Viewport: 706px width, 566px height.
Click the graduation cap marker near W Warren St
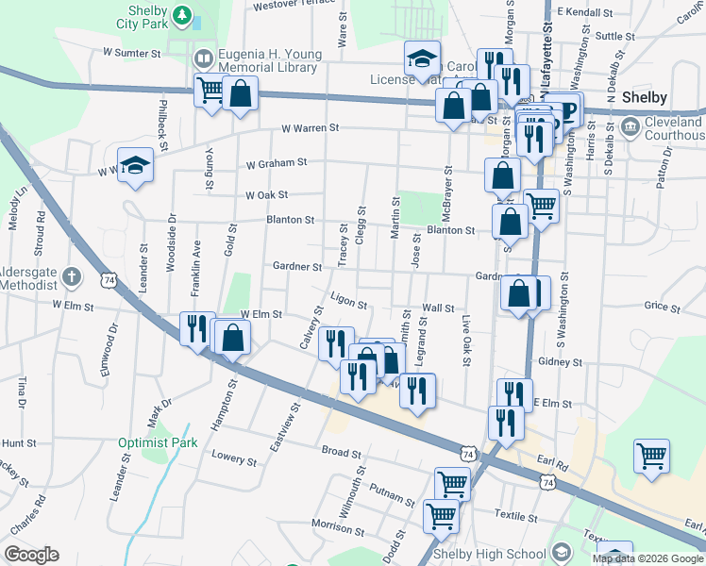pos(135,164)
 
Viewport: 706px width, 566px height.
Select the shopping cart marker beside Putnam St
pos(452,483)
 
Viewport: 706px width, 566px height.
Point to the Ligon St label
pos(348,300)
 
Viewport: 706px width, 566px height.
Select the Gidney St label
pos(559,361)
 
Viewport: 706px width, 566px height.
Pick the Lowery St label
pos(235,460)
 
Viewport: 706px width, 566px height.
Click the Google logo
pos(31,555)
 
